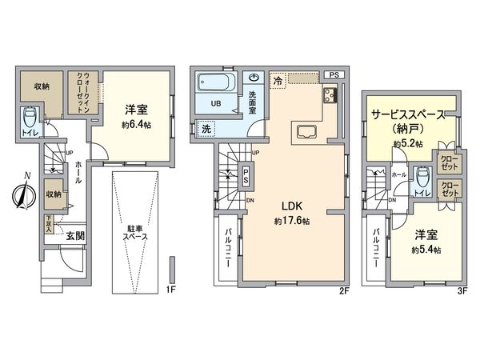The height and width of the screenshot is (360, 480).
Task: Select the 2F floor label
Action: pyautogui.click(x=344, y=290)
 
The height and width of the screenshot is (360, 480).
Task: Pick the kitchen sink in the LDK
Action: pyautogui.click(x=307, y=132)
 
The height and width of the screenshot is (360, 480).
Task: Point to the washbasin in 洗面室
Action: pyautogui.click(x=254, y=78)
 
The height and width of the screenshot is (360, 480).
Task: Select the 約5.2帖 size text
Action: pyautogui.click(x=407, y=144)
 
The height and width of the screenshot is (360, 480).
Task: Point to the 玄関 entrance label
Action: pyautogui.click(x=74, y=235)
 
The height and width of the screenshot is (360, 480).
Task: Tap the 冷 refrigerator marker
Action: pyautogui.click(x=278, y=81)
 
